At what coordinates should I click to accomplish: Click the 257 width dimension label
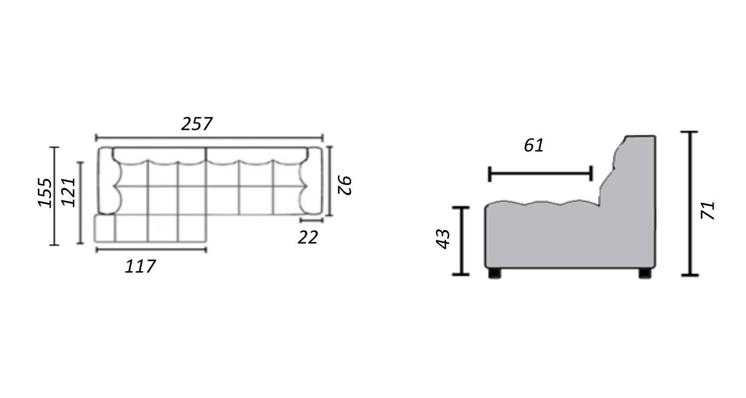click(196, 124)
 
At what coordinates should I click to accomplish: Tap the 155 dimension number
click(45, 193)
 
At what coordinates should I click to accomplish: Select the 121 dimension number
click(69, 192)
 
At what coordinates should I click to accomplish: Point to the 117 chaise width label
click(140, 267)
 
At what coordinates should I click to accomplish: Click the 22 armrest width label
click(308, 238)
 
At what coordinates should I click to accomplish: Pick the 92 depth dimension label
click(344, 185)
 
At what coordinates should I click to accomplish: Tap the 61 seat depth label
click(534, 146)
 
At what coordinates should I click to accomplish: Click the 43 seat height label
click(443, 239)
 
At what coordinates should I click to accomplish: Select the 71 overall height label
click(708, 210)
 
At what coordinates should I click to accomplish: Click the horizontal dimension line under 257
click(209, 137)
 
